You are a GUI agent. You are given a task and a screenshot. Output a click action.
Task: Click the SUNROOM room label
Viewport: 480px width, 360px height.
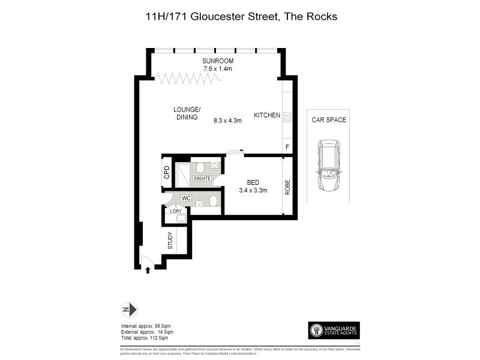[x=218, y=61]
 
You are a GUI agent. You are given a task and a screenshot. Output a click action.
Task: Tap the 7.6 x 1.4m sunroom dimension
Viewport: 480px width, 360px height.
[x=218, y=69]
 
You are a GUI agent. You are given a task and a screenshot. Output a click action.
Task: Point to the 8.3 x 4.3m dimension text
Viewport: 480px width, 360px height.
[x=227, y=121]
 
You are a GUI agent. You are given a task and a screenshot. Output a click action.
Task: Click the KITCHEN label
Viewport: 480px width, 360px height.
[x=267, y=115]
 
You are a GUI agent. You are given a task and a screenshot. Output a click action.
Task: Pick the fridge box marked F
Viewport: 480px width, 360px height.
[x=287, y=147]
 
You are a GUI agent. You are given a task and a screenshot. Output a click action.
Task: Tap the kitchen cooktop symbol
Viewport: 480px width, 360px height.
[x=287, y=117]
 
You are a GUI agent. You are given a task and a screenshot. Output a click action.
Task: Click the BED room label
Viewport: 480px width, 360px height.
[x=252, y=182]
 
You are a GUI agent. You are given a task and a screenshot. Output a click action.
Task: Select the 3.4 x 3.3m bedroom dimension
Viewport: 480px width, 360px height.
[x=252, y=190]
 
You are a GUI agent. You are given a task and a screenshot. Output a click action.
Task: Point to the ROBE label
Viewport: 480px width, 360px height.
[x=287, y=186]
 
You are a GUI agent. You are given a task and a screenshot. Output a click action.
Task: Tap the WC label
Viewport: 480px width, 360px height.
[x=186, y=197]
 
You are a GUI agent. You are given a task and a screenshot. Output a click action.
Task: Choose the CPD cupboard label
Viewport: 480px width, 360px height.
[x=167, y=173]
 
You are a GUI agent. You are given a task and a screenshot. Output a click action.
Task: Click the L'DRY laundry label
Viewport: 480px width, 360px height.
[x=176, y=211]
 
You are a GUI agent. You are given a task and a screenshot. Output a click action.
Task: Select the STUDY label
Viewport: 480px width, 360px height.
[x=170, y=241]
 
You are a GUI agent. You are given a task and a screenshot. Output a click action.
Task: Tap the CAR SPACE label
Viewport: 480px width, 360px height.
[x=329, y=120]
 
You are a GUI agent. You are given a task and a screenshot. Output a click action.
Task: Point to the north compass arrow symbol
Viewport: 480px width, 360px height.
[x=130, y=310]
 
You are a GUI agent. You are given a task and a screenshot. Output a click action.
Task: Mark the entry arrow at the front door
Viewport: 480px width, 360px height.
[x=148, y=270]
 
